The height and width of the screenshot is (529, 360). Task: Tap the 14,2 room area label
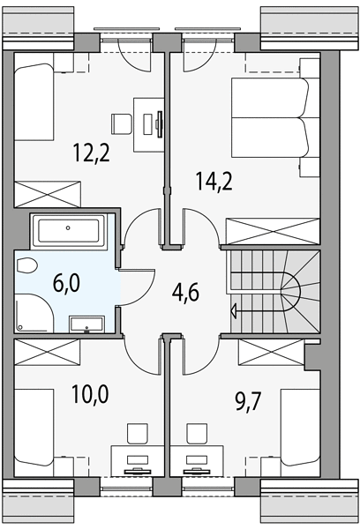(214, 181)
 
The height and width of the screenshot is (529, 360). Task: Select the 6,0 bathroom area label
(66, 283)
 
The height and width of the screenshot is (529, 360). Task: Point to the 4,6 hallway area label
(185, 292)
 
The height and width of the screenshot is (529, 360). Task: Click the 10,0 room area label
(90, 394)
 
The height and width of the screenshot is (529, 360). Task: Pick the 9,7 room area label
(248, 401)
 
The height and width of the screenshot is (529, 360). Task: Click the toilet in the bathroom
(26, 265)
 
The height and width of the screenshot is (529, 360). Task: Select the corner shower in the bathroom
(34, 313)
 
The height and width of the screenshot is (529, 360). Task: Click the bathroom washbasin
(86, 324)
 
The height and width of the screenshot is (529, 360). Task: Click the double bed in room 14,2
(270, 118)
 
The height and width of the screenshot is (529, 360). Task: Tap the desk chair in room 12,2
(121, 123)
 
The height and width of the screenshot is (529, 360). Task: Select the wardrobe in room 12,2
(48, 194)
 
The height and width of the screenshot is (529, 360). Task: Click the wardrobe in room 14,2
(273, 231)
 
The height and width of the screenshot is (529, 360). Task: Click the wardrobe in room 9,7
(271, 352)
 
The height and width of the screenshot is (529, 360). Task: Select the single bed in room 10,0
(34, 428)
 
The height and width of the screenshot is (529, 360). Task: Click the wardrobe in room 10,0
(48, 352)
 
